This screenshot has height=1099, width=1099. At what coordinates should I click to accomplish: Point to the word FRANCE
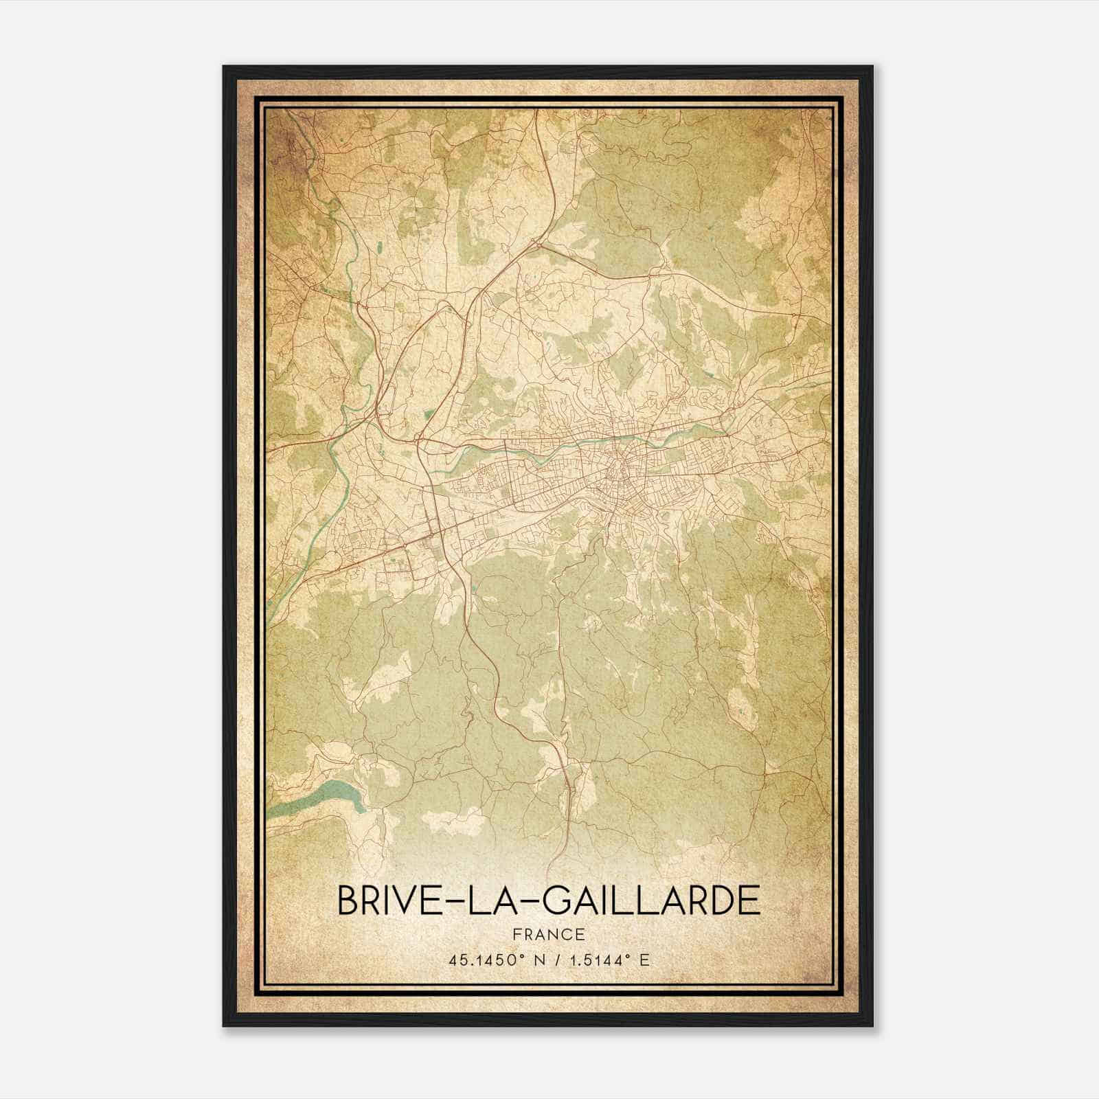(x=549, y=935)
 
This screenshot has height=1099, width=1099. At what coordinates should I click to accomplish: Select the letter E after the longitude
(x=644, y=960)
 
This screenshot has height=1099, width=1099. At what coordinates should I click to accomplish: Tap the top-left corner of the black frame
(x=225, y=67)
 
